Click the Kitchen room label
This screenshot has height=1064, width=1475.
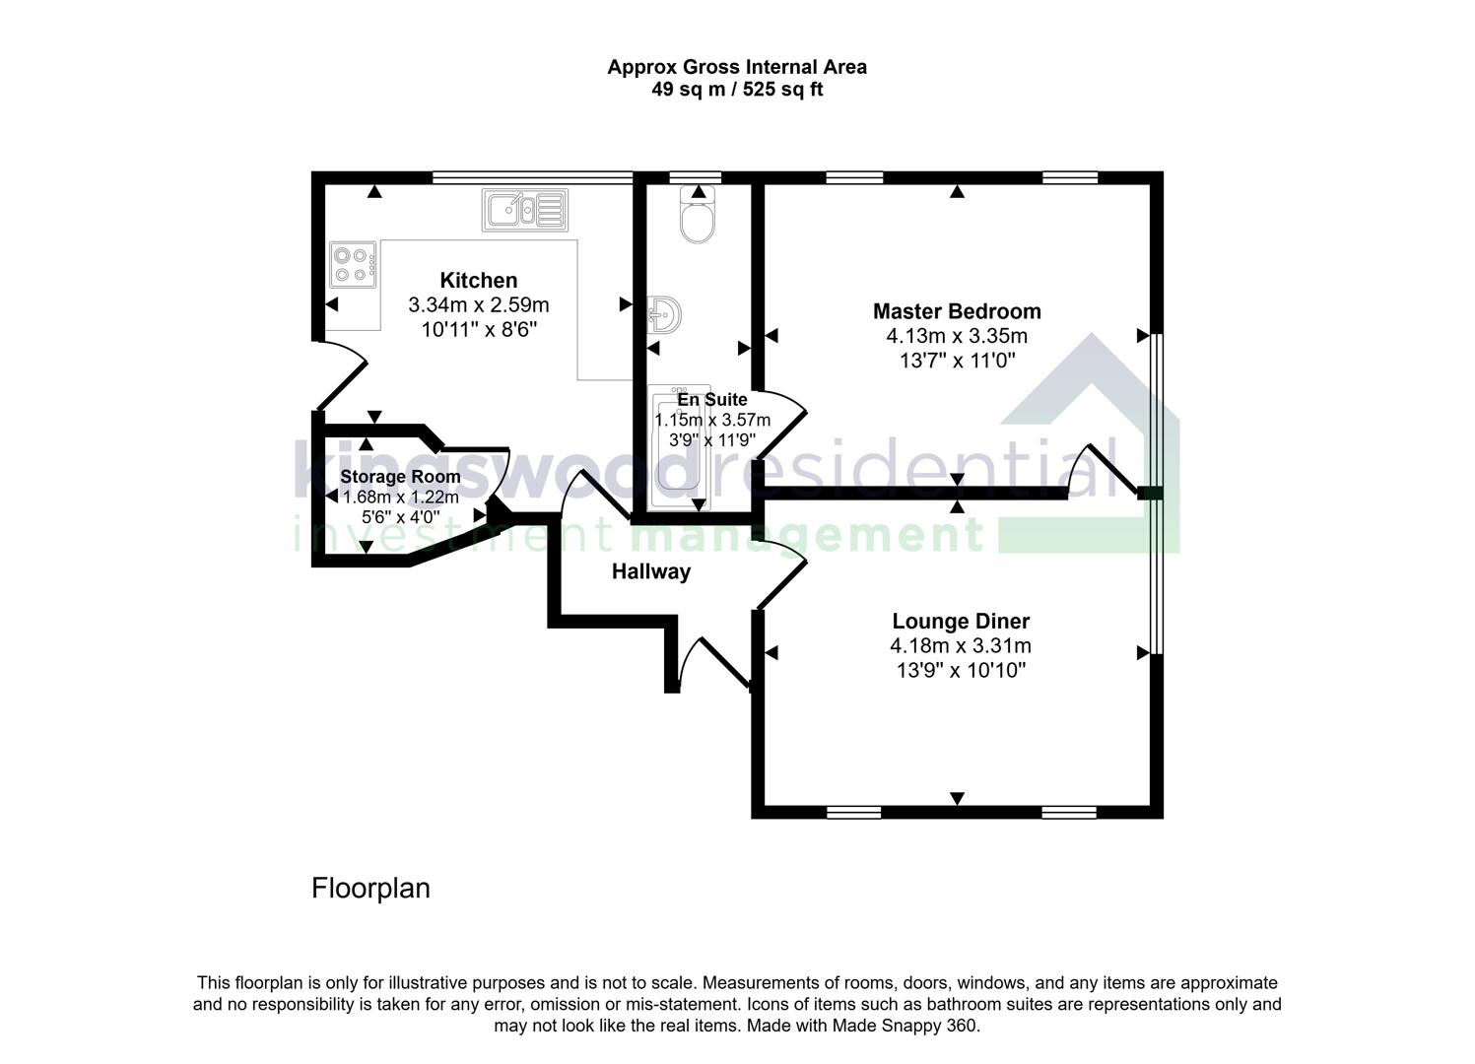point(478,281)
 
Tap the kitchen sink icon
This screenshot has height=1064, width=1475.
point(524,210)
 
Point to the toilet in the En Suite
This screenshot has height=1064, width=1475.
point(698,219)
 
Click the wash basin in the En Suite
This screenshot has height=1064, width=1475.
point(665,315)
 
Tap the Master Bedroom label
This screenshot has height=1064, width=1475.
point(957,311)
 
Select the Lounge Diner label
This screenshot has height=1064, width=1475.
point(961,622)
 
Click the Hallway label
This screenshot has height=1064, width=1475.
point(651,571)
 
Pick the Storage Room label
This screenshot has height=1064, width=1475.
point(400,477)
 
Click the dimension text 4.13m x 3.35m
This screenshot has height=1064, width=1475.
point(957,337)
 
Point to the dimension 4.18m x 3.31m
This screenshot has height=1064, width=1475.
point(961,646)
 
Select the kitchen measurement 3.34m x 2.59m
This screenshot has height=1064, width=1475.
point(478,305)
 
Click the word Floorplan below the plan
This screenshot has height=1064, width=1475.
point(370,889)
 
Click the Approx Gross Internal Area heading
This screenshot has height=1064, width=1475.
point(737,67)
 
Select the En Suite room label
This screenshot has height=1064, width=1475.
point(712,400)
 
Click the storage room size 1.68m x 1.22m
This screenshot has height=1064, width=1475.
point(400,498)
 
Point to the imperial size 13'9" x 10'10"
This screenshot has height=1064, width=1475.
point(961,671)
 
